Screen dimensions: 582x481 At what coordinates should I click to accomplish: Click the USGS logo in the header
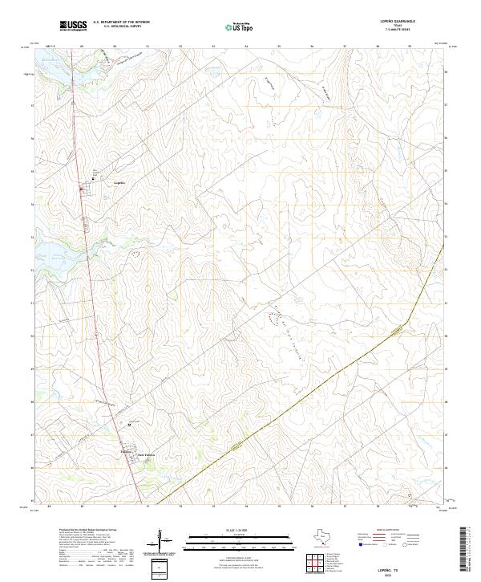pos(74,26)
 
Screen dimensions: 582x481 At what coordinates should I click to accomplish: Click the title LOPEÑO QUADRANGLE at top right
pos(398,22)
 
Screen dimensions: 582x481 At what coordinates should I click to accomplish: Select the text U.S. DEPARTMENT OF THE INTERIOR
pos(121,22)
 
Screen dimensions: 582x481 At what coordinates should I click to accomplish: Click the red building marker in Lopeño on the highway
pos(81,189)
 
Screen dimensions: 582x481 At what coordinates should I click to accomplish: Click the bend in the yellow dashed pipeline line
pos(407,322)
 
